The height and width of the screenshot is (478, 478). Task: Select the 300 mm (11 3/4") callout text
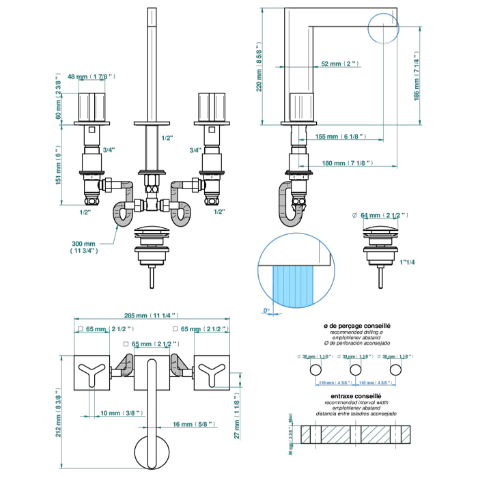point(84,247)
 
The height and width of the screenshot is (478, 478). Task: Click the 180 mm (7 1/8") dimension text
point(345,163)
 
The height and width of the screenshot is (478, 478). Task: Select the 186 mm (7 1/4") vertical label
point(417,76)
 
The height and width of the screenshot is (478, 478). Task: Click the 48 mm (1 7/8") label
point(96,76)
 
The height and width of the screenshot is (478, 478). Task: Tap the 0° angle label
point(266,311)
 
